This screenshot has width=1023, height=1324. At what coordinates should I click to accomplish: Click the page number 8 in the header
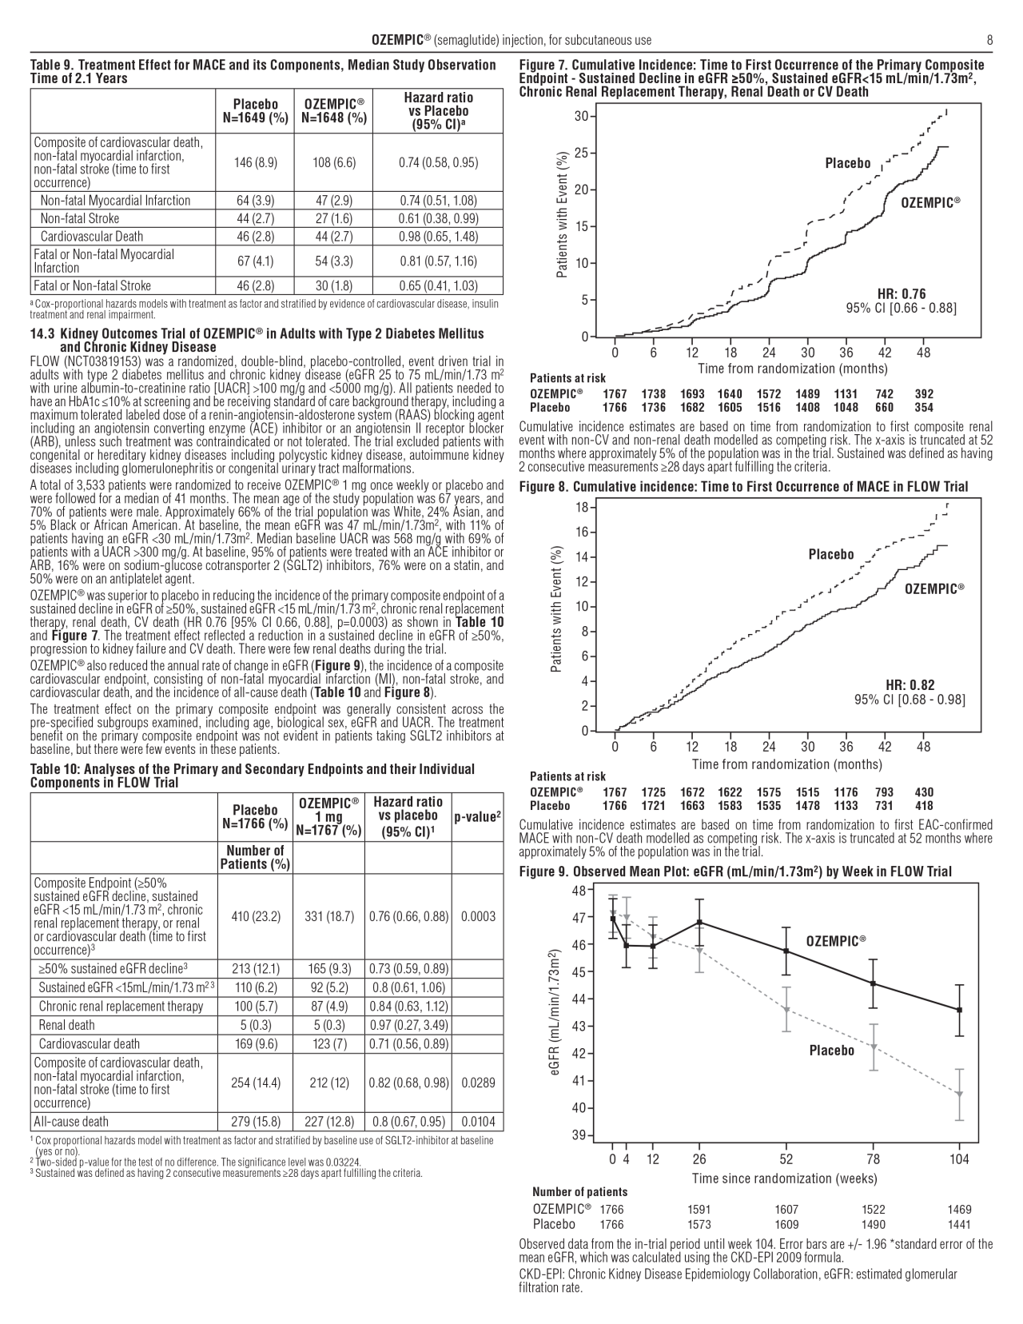point(989,40)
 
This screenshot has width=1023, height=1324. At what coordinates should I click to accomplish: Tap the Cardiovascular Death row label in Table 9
point(92,236)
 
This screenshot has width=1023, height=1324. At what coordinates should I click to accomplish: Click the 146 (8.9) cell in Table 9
point(255,162)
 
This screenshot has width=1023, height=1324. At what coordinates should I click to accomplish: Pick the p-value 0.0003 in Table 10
point(477,917)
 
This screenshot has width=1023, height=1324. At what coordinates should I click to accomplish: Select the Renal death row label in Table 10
point(66,1025)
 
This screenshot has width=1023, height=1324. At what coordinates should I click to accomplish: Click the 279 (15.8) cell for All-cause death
point(256,1122)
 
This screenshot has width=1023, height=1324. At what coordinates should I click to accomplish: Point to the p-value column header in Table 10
point(477,816)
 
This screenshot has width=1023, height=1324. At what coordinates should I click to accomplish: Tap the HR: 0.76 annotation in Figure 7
point(902,294)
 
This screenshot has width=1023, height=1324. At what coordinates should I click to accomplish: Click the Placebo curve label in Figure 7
point(848,163)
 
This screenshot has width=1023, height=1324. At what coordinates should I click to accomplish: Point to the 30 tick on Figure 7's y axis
point(581,117)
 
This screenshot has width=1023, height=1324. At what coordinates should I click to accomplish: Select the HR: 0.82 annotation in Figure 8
point(910,685)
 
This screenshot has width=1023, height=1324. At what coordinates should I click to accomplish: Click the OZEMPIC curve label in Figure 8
point(934,589)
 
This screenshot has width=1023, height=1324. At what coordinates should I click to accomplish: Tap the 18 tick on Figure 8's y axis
point(581,508)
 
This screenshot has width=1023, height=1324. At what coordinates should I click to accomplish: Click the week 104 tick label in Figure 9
point(959,1159)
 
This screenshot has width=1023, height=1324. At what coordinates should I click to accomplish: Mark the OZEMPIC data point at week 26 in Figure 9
point(699,922)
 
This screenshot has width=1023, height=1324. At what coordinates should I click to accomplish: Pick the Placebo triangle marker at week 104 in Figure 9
point(959,1094)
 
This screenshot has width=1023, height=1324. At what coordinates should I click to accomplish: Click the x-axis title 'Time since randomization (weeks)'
point(784,1178)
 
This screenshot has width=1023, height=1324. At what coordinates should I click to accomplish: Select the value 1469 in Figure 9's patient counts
point(959,1210)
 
